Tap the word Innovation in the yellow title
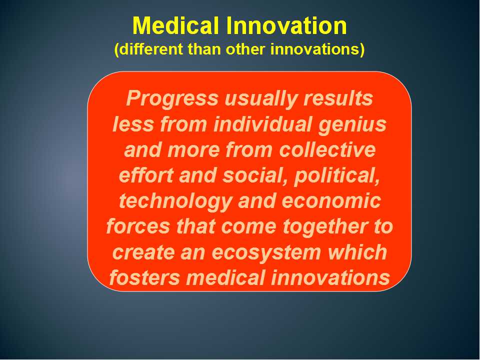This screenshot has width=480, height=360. tap(286, 25)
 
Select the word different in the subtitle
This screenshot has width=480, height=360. tap(148, 49)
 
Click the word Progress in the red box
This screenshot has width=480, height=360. tap(172, 99)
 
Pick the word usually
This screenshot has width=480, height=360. tap(261, 99)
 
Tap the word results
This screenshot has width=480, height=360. tap(338, 98)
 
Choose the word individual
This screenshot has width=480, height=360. tap(262, 124)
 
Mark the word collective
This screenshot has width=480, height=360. tap(327, 149)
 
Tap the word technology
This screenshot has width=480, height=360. tap(175, 201)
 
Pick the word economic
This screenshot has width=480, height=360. tap(331, 201)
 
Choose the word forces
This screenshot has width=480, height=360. tap(138, 226)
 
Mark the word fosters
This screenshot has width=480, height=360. tap(145, 277)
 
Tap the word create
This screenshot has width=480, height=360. tap(143, 252)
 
